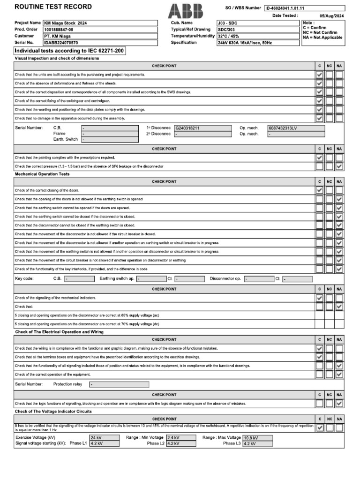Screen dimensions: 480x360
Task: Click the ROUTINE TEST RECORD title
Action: pyautogui.click(x=53, y=7)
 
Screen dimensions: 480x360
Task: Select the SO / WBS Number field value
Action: pyautogui.click(x=304, y=8)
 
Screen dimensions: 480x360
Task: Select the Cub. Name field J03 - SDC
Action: pyautogui.click(x=257, y=22)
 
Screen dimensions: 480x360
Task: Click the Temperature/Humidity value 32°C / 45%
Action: pyautogui.click(x=257, y=36)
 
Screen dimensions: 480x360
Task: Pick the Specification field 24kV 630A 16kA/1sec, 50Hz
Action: pyautogui.click(x=257, y=42)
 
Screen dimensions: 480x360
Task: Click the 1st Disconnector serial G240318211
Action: pyautogui.click(x=202, y=127)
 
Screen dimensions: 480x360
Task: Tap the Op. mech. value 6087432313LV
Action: pyautogui.click(x=295, y=127)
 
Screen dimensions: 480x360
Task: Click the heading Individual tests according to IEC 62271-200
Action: pyautogui.click(x=70, y=51)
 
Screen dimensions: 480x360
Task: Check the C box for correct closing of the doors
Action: pyautogui.click(x=320, y=190)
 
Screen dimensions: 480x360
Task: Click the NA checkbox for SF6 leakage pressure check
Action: pyautogui.click(x=339, y=166)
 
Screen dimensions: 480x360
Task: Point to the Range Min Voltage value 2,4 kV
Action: pyautogui.click(x=179, y=437)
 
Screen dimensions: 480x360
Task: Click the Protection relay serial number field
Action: pyautogui.click(x=119, y=384)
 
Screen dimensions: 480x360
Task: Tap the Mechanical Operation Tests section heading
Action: pyautogui.click(x=42, y=174)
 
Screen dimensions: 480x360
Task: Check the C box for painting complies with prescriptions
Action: pyautogui.click(x=320, y=157)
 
